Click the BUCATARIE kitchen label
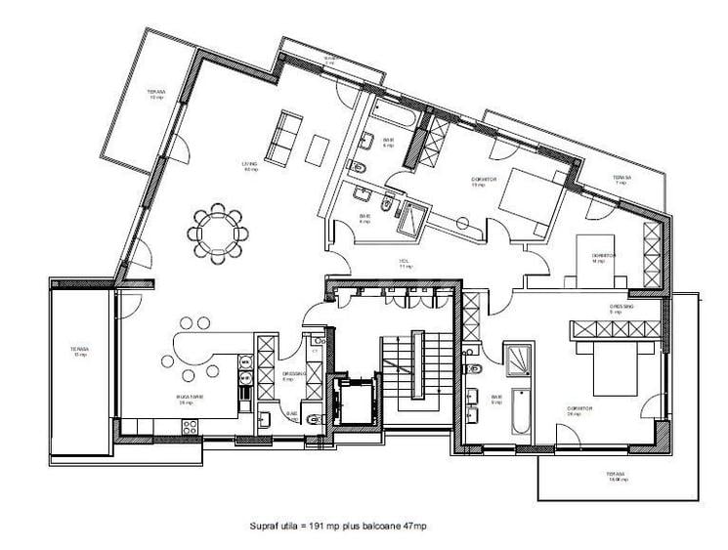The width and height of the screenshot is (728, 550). point(190,399)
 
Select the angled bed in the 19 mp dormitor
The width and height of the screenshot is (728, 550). point(528,199)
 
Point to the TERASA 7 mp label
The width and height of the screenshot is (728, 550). point(621,182)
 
